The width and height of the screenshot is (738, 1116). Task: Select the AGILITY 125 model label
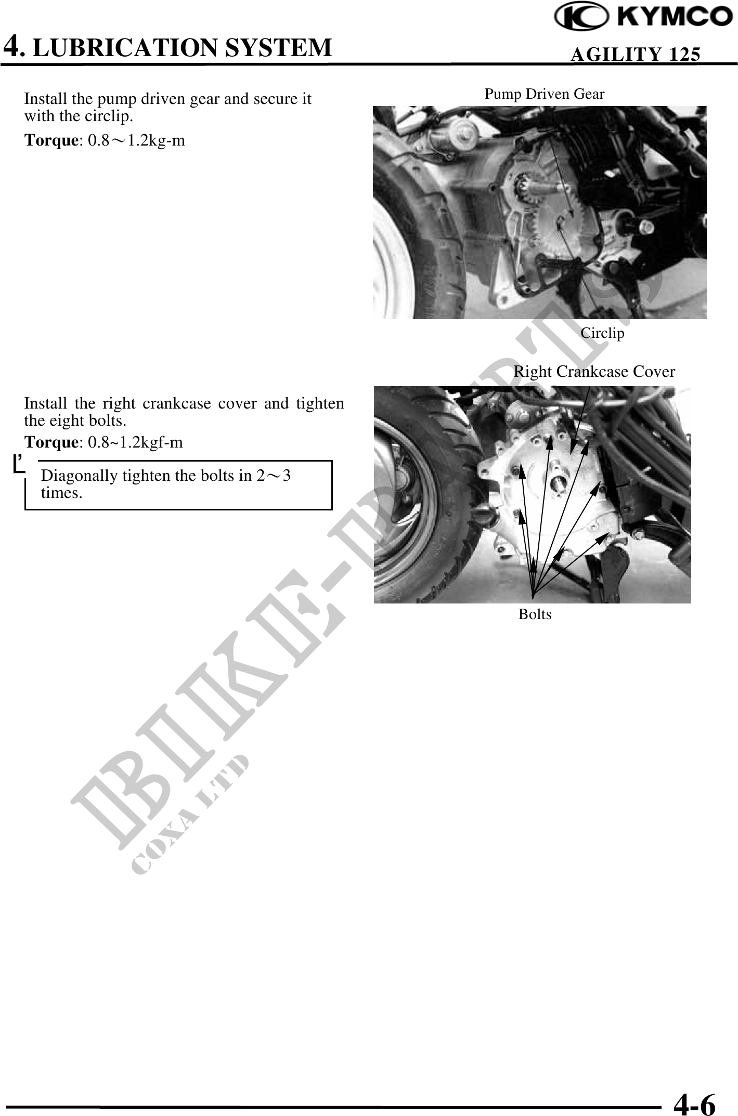[635, 54]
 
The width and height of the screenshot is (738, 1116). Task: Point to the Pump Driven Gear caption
[545, 94]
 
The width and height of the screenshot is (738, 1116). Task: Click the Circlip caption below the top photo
[602, 333]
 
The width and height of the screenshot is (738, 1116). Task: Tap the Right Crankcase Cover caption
[594, 372]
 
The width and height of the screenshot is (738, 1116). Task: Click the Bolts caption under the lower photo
[535, 614]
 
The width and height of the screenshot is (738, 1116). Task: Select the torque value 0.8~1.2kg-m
[136, 140]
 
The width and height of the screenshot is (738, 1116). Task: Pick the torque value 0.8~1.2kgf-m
[135, 442]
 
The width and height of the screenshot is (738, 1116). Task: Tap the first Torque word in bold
[51, 140]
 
